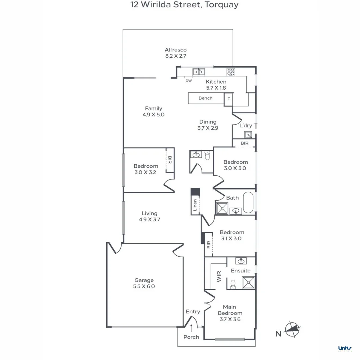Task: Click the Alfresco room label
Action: (x=176, y=53)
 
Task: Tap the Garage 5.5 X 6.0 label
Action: (x=144, y=283)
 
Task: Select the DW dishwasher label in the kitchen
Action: (x=189, y=81)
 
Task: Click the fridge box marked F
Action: (x=229, y=99)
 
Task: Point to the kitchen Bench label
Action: (x=205, y=98)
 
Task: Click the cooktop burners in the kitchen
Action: (x=231, y=71)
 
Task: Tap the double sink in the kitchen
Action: (x=199, y=71)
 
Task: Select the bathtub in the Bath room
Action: (x=248, y=202)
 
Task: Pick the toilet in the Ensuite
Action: (x=233, y=283)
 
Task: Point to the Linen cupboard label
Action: (x=195, y=205)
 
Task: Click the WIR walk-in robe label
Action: (x=219, y=277)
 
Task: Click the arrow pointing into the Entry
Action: (x=191, y=328)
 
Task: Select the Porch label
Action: (x=191, y=337)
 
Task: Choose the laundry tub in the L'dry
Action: (x=248, y=135)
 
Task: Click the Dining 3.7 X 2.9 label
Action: (x=208, y=125)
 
